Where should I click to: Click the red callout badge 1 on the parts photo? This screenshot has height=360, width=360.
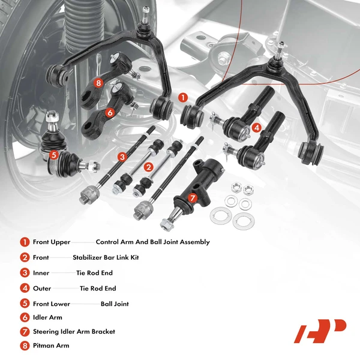click(183, 96)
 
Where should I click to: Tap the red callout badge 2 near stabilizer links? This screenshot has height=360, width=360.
click(149, 167)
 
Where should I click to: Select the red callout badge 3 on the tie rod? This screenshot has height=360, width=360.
click(122, 157)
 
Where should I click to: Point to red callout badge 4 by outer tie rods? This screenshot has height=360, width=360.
click(256, 127)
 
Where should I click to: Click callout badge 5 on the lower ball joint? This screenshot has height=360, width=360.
click(54, 155)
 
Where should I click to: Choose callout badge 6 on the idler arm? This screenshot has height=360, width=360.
click(110, 112)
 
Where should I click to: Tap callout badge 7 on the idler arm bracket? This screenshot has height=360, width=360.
click(192, 197)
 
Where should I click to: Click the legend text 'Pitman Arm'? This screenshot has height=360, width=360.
click(51, 346)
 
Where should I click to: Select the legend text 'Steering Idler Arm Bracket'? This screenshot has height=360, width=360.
click(74, 331)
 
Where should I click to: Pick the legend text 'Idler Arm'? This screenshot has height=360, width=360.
click(47, 317)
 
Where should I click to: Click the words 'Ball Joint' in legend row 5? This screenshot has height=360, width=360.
click(115, 304)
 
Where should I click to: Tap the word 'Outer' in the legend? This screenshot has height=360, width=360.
click(42, 289)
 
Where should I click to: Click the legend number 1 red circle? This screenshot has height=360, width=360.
click(24, 242)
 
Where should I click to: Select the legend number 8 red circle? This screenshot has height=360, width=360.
click(24, 346)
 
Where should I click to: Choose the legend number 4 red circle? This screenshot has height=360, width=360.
click(24, 289)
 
